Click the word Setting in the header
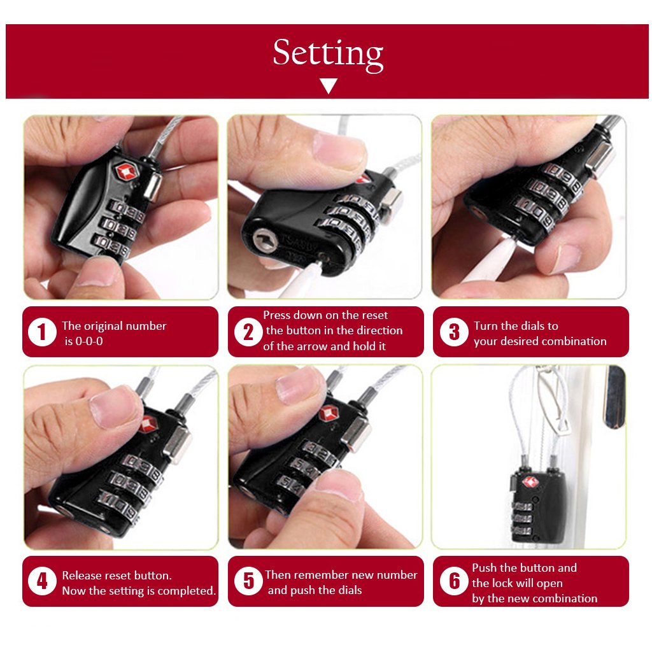tap(328, 53)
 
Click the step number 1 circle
tap(42, 332)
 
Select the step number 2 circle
tap(248, 332)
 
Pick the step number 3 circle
tap(454, 332)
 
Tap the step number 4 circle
tap(42, 582)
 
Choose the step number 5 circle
tap(248, 581)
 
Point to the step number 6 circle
tap(454, 581)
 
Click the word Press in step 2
tap(278, 315)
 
